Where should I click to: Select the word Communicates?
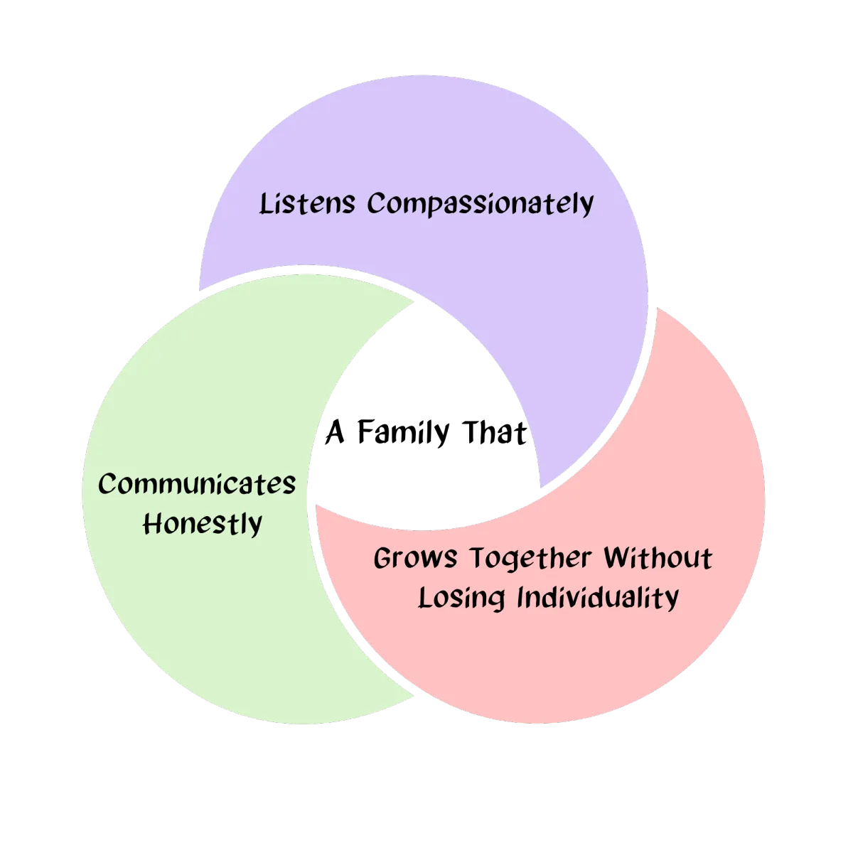[x=197, y=485]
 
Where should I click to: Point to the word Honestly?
[x=203, y=525]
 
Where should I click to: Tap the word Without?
[x=658, y=558]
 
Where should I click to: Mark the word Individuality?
[x=597, y=598]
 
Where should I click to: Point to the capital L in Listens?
[x=264, y=204]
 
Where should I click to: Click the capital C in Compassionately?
[x=376, y=204]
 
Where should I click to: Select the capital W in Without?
[x=618, y=558]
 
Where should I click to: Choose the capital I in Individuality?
[x=520, y=597]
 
